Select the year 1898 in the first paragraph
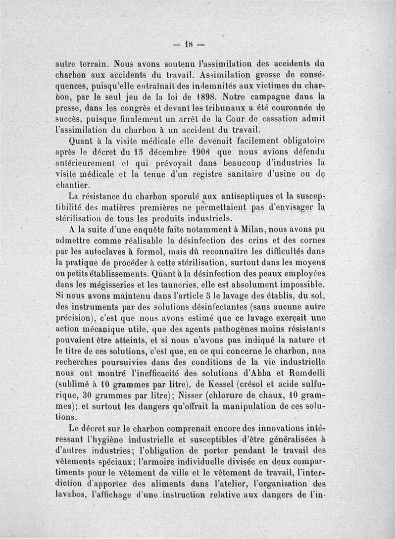tap(204, 96)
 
